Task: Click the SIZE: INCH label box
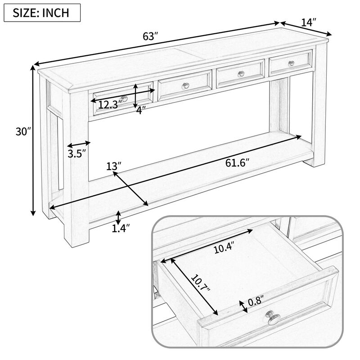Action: click(42, 12)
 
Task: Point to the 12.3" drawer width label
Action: click(110, 105)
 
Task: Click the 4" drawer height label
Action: click(141, 110)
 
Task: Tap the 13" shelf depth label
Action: click(114, 166)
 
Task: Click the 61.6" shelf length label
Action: click(237, 162)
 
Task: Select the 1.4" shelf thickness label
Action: click(120, 229)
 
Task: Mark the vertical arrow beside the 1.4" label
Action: click(118, 217)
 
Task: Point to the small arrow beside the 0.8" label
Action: click(245, 306)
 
